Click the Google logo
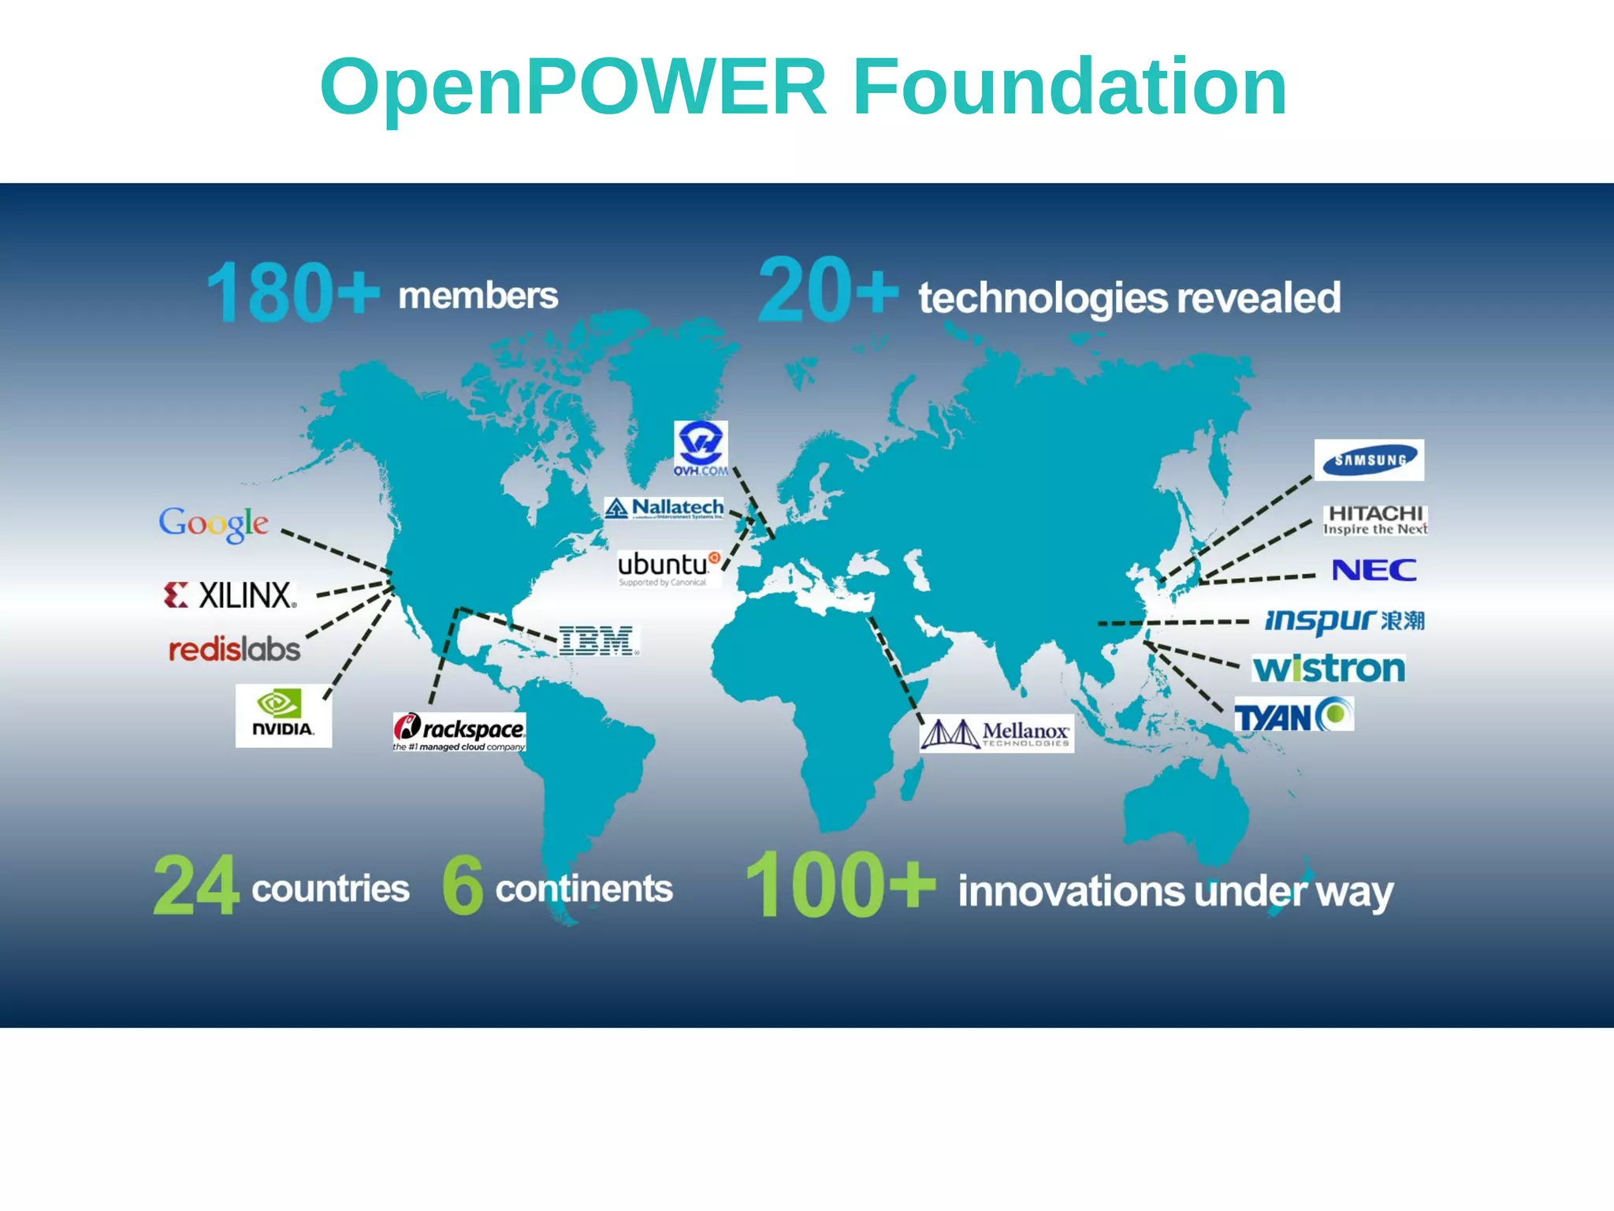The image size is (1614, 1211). (x=214, y=523)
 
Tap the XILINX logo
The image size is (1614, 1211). (x=230, y=595)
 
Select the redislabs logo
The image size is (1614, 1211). (x=234, y=650)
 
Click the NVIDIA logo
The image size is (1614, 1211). (x=283, y=715)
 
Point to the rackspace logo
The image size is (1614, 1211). (x=459, y=732)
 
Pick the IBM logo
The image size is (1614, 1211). (x=597, y=641)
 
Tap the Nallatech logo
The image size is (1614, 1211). (x=664, y=508)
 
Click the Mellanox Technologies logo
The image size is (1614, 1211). (x=996, y=733)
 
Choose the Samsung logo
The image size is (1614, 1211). (x=1369, y=460)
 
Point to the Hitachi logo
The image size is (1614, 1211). (x=1375, y=520)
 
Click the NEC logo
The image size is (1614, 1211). (x=1374, y=570)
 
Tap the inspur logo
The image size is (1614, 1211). (x=1344, y=620)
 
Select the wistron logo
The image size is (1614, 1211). (x=1329, y=669)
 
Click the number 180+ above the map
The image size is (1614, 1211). (x=292, y=293)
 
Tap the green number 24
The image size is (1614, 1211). (x=196, y=886)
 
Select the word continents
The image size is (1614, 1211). (x=584, y=889)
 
